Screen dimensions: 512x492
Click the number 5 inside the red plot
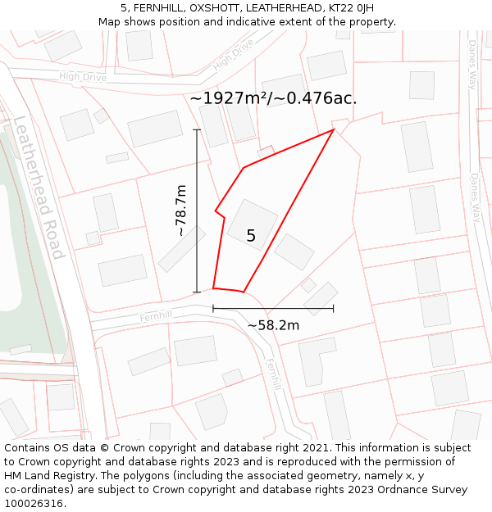251,236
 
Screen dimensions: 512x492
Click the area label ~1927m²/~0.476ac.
273,98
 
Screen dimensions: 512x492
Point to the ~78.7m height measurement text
181,211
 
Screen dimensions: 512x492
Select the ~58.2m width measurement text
273,325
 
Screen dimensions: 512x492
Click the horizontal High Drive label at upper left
83,77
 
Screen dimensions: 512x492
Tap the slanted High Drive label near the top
233,56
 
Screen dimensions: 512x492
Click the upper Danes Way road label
472,66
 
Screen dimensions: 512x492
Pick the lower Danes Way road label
475,197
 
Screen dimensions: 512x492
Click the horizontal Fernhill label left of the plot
156,316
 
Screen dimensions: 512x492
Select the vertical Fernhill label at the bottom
273,374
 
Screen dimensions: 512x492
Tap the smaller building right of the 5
294,251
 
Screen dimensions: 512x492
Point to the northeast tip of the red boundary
333,129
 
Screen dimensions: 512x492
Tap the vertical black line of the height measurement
197,211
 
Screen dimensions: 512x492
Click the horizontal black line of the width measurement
273,309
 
